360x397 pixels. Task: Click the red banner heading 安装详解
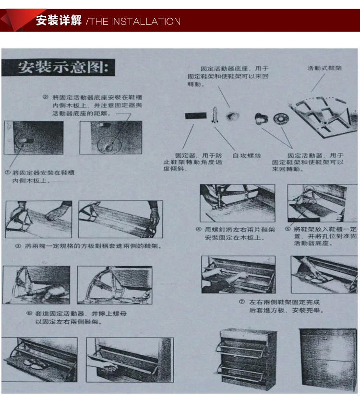[x=59, y=21]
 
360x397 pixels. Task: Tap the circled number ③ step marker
[x=17, y=246]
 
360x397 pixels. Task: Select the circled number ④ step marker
[x=198, y=230]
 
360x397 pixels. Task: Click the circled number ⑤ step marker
[x=288, y=230]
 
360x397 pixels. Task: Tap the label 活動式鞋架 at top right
[x=324, y=69]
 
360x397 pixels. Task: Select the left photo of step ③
[x=39, y=219]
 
